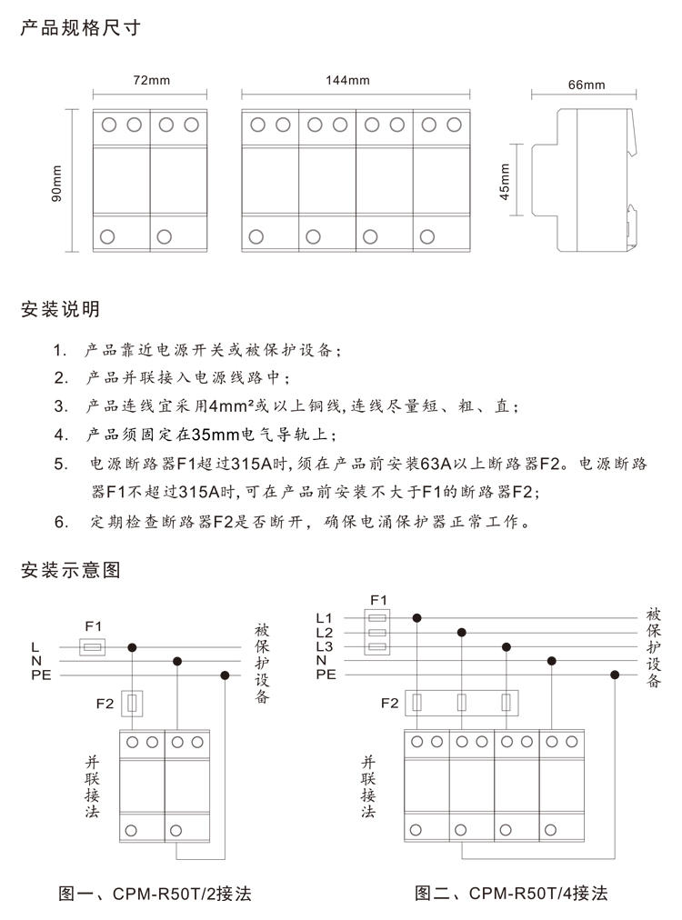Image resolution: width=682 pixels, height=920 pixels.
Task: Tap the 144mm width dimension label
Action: coord(355,80)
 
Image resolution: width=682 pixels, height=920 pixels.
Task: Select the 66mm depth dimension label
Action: coord(586,85)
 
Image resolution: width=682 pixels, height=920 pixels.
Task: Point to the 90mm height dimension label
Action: coord(56,181)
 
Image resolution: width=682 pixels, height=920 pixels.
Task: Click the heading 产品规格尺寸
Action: coord(80,27)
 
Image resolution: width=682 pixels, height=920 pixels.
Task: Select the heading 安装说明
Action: coord(60,309)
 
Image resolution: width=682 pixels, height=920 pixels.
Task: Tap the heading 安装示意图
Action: coord(70,570)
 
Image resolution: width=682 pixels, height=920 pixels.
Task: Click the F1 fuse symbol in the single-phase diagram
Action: coord(93,647)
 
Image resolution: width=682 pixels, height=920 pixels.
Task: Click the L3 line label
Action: coord(325,646)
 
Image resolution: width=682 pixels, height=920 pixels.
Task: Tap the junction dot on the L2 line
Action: coord(462,632)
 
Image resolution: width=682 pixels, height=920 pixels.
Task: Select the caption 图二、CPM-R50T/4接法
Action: coord(511,893)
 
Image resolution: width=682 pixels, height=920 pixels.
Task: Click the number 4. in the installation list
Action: coord(61,433)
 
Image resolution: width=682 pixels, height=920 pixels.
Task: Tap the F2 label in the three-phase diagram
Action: coord(389,703)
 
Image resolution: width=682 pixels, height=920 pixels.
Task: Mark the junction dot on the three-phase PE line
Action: coord(616,675)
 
